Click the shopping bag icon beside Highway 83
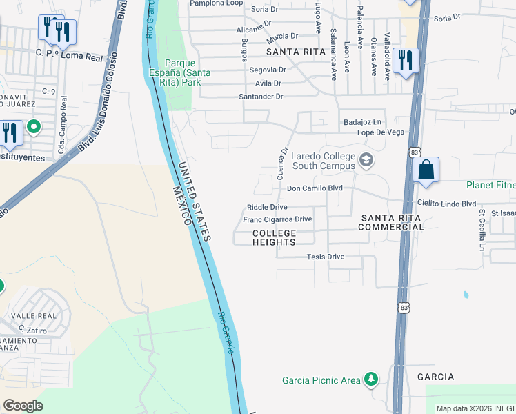tap(426, 170)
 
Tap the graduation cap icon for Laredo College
tap(366, 161)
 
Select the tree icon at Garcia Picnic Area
tap(372, 379)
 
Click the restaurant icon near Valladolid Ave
tap(405, 60)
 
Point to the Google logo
tap(23, 406)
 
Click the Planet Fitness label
tap(490, 185)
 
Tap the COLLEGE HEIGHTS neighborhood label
tap(274, 237)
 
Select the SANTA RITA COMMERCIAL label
tap(390, 222)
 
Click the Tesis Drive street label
tap(325, 257)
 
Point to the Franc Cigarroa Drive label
tap(277, 219)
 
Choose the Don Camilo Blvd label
tap(315, 188)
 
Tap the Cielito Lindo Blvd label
tap(447, 204)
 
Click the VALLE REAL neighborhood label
tap(28, 315)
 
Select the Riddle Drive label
tap(267, 207)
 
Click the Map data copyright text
tap(475, 408)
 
